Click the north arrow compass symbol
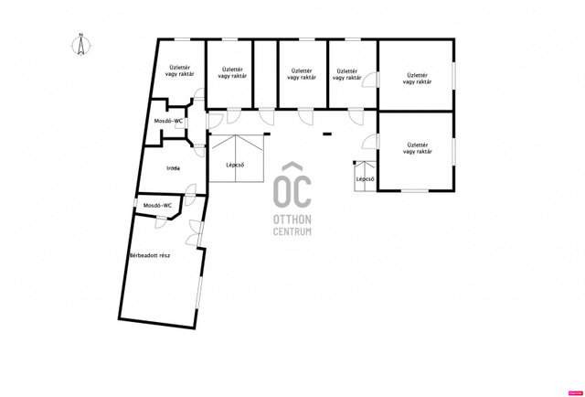pyautogui.click(x=80, y=45)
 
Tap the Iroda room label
pyautogui.click(x=173, y=168)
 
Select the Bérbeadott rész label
pyautogui.click(x=150, y=256)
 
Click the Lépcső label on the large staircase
pyautogui.click(x=235, y=165)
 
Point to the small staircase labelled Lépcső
pyautogui.click(x=365, y=177)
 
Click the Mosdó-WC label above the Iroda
pyautogui.click(x=168, y=121)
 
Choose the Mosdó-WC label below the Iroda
pyautogui.click(x=158, y=206)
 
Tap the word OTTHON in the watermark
pyautogui.click(x=292, y=220)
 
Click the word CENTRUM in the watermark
pyautogui.click(x=292, y=231)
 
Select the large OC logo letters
pyautogui.click(x=292, y=192)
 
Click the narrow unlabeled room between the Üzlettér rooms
pyautogui.click(x=266, y=74)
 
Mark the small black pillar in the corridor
pyautogui.click(x=327, y=134)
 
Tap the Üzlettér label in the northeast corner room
pyautogui.click(x=417, y=79)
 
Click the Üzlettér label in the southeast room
pyautogui.click(x=417, y=148)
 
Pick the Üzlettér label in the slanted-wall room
pyautogui.click(x=180, y=71)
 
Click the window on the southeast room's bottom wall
pyautogui.click(x=414, y=191)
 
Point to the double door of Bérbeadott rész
pyautogui.click(x=194, y=233)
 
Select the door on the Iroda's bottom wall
pyautogui.click(x=190, y=195)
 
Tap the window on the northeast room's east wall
pyautogui.click(x=453, y=76)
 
